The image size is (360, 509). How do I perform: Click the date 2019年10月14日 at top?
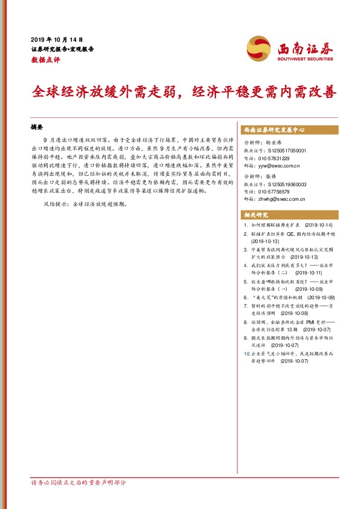(56, 38)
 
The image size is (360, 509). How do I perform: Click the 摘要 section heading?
(38, 128)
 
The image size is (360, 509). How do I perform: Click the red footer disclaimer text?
(78, 483)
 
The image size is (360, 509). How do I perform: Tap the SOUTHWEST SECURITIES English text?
(306, 59)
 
